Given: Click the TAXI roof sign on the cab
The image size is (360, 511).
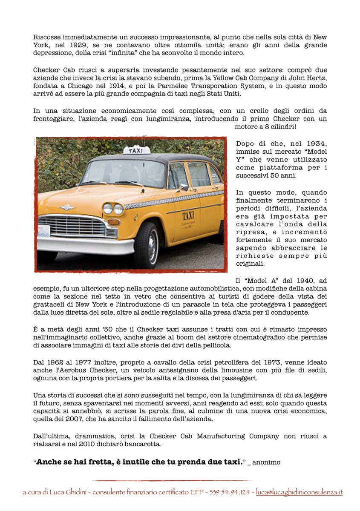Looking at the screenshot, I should [136, 150].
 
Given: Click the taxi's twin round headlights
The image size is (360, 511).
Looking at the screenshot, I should [113, 208].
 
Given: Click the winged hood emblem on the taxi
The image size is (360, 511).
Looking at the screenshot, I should [67, 207].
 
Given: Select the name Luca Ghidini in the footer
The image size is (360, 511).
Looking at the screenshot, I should [65, 492].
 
